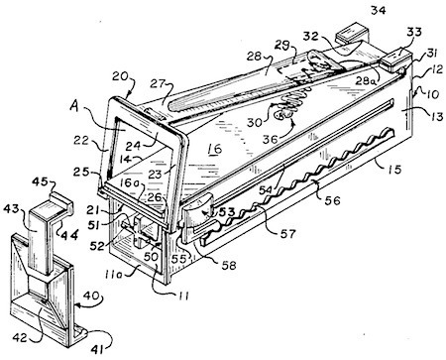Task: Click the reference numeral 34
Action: pyautogui.click(x=378, y=10)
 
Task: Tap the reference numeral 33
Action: pyautogui.click(x=414, y=33)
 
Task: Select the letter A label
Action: pyautogui.click(x=75, y=106)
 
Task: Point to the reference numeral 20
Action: pyautogui.click(x=120, y=76)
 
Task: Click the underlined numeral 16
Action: pyautogui.click(x=215, y=150)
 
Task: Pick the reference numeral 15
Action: pyautogui.click(x=394, y=169)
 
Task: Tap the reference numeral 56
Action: pyautogui.click(x=332, y=200)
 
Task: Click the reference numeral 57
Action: pyautogui.click(x=287, y=234)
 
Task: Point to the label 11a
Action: pyautogui.click(x=115, y=274)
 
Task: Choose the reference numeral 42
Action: pyautogui.click(x=21, y=337)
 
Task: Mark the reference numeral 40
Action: pyautogui.click(x=91, y=296)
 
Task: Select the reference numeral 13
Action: pyautogui.click(x=435, y=116)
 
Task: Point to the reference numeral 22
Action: pyautogui.click(x=81, y=141)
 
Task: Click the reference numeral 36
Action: pyautogui.click(x=271, y=139)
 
